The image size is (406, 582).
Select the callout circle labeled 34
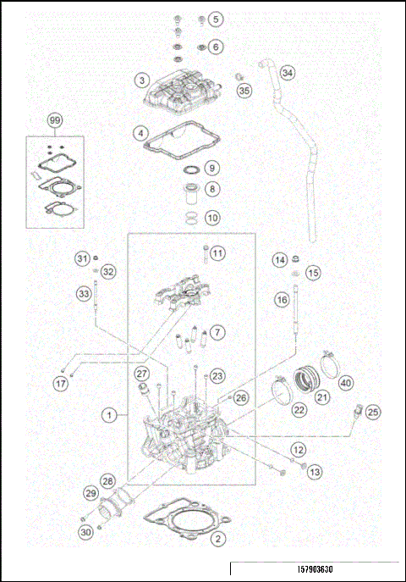click(x=288, y=73)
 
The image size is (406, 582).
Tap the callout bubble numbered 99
click(x=55, y=122)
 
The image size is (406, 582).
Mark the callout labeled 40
click(x=346, y=383)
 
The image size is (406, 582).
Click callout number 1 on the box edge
click(x=109, y=415)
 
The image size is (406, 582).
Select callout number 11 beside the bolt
click(x=217, y=253)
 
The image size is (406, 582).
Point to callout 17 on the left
click(x=60, y=384)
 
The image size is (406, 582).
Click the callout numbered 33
click(x=82, y=294)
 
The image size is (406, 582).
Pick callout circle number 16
click(x=281, y=299)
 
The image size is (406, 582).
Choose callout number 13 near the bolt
click(x=315, y=471)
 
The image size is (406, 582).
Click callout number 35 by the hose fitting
click(x=244, y=90)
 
